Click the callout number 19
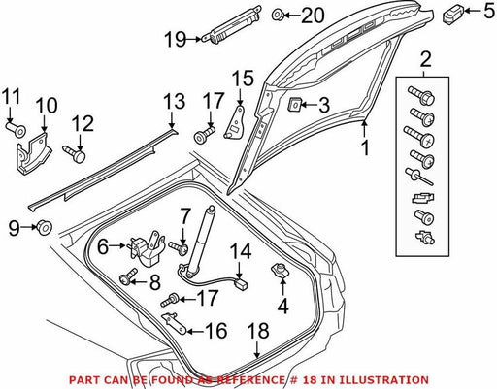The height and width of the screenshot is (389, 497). tap(176, 40)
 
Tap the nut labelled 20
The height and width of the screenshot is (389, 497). tap(277, 15)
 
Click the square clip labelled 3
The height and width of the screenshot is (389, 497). tap(293, 105)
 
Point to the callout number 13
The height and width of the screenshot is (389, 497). tap(174, 101)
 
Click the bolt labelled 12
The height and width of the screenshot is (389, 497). tap(74, 154)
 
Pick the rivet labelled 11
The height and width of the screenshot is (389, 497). tap(16, 129)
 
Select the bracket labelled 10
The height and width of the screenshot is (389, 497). tap(34, 153)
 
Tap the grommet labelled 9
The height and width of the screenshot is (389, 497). tap(43, 227)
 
